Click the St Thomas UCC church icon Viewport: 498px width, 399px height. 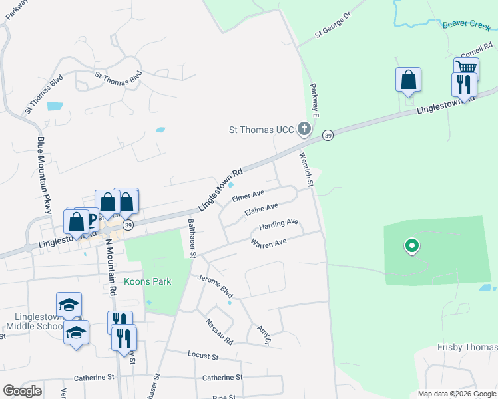(304, 128)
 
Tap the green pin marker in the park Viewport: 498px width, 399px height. (411, 247)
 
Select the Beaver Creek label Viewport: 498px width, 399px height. (465, 25)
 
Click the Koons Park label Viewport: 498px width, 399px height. (147, 281)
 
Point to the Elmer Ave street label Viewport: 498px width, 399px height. (244, 198)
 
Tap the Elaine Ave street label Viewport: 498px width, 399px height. (261, 210)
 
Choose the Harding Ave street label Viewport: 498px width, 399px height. (278, 225)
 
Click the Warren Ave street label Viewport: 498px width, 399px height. (268, 243)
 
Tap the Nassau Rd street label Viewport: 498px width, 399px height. (219, 331)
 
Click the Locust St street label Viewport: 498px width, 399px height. (203, 356)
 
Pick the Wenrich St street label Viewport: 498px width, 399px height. (306, 169)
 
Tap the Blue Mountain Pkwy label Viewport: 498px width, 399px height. (44, 175)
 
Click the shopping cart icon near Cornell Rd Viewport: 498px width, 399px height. (467, 67)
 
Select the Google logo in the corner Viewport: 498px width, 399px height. (22, 391)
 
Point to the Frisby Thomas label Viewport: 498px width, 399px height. (467, 347)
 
